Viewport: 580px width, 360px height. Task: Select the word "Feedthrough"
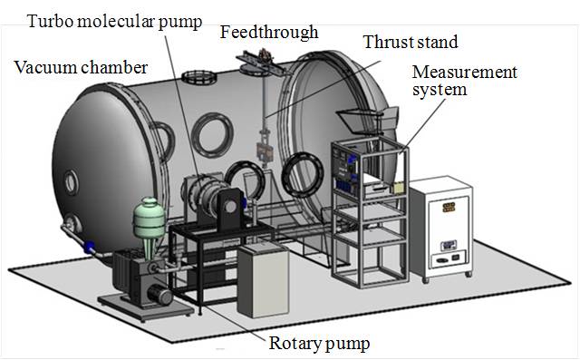point(269,34)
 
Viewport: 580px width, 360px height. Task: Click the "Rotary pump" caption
point(319,344)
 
